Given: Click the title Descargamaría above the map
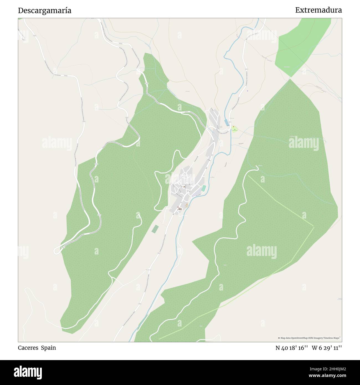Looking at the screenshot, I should [45, 11].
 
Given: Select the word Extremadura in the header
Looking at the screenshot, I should [318, 10].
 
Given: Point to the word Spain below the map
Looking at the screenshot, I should [48, 348].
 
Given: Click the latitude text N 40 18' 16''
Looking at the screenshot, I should [292, 348].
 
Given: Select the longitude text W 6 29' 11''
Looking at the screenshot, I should [327, 348].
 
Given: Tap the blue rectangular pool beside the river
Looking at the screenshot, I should [227, 122].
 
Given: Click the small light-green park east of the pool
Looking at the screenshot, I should [235, 130].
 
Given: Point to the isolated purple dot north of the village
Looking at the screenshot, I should [248, 91].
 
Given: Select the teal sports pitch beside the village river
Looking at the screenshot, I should [204, 188].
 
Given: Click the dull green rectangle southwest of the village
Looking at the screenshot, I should [155, 229].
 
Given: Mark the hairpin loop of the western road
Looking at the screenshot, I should [56, 250].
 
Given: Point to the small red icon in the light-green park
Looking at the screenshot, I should [233, 127].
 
